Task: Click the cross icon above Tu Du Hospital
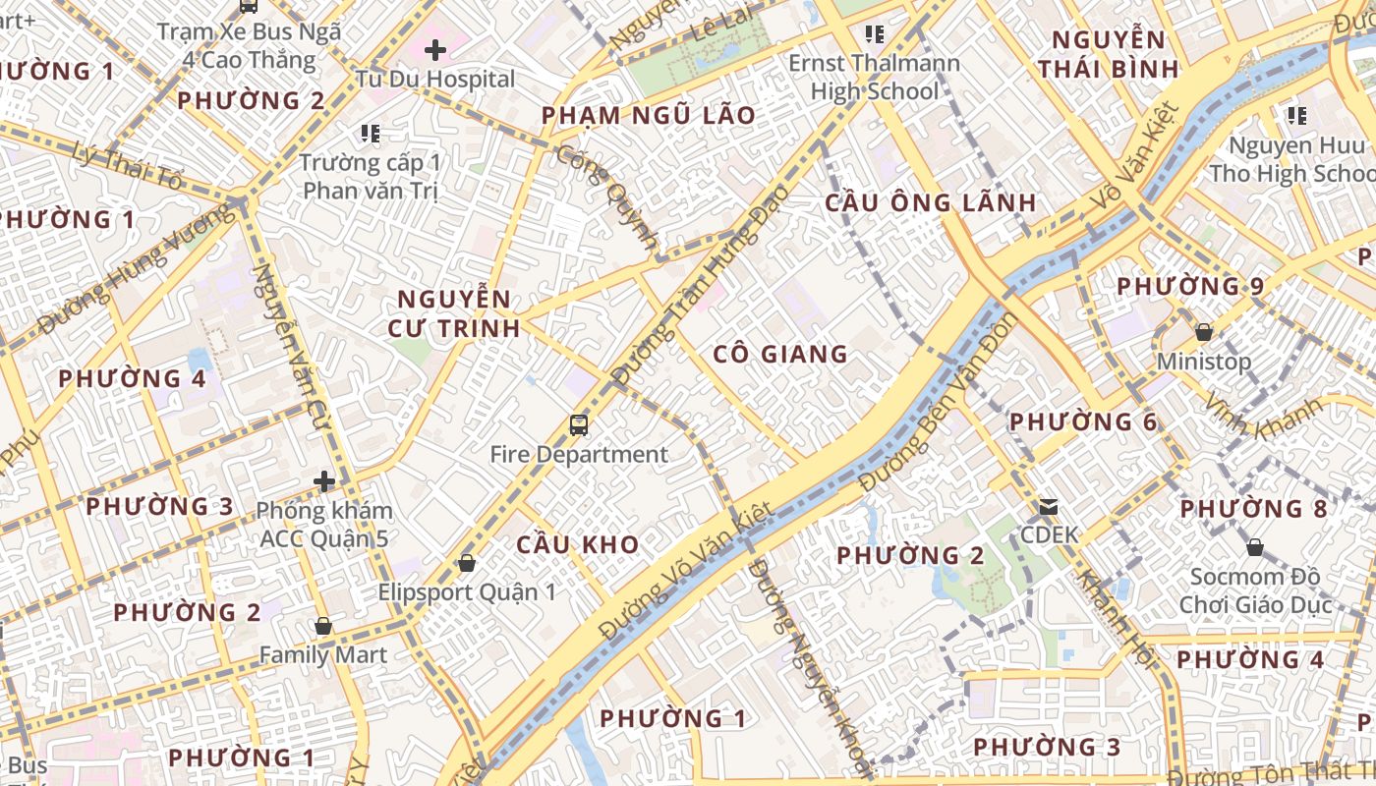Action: (435, 49)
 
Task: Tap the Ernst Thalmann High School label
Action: (874, 78)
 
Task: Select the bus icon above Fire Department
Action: (579, 425)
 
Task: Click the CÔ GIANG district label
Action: (780, 354)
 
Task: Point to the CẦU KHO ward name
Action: (578, 544)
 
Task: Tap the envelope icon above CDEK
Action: (1049, 507)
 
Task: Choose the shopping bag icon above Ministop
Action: (1203, 332)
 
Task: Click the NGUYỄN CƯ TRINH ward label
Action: (453, 313)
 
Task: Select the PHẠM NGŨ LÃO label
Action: (649, 116)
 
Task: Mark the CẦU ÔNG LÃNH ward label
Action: (930, 203)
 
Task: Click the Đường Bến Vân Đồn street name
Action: (939, 403)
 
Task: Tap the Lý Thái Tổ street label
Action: (129, 166)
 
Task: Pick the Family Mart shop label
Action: (322, 654)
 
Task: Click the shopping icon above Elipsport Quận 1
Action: (467, 563)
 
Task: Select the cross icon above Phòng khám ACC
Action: (324, 481)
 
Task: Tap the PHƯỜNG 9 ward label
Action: (1189, 287)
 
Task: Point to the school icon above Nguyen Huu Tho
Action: (1296, 116)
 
